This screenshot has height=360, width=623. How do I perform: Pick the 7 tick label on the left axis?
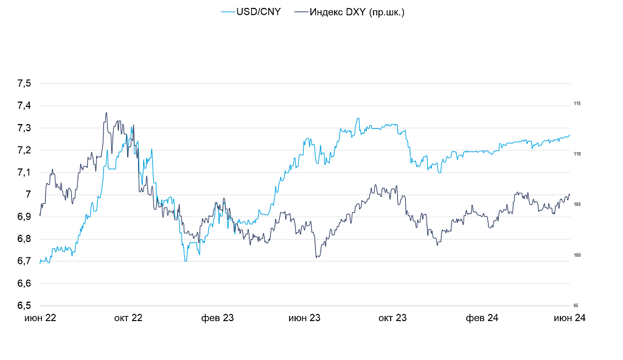pos(27,195)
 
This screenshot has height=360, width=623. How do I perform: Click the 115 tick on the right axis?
pos(577,104)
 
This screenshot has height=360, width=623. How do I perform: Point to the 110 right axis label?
pos(577,154)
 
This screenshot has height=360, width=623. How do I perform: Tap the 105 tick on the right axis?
pos(577,204)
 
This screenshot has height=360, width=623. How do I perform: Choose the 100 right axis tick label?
pos(577,255)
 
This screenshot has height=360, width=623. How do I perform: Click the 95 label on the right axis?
pos(576,306)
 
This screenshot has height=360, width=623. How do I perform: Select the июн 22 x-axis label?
pos(40,318)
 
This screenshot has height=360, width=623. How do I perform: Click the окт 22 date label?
pos(128,318)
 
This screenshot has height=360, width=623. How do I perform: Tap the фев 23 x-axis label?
pos(217,318)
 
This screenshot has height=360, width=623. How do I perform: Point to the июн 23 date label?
pos(304,318)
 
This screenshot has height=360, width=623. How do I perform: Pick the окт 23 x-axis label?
pos(392,318)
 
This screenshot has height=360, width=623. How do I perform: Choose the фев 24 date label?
pos(482,318)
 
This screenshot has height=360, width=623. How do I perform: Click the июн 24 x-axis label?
pos(569,318)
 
